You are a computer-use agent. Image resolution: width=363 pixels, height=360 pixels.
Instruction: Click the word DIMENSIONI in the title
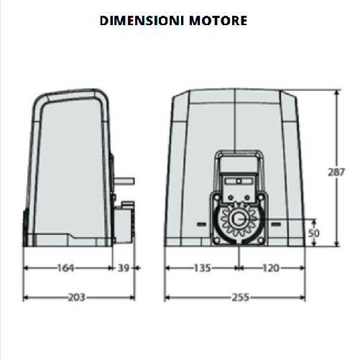click(142, 21)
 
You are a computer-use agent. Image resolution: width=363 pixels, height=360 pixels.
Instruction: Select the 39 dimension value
click(124, 268)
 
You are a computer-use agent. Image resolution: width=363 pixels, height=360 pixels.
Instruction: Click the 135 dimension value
click(202, 268)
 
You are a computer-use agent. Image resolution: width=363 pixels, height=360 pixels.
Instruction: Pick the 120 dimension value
click(270, 268)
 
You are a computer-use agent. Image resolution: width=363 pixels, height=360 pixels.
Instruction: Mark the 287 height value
click(336, 172)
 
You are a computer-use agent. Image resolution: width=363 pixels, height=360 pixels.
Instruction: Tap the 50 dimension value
click(313, 234)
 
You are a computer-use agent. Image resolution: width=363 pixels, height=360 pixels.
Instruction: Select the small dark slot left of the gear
click(201, 223)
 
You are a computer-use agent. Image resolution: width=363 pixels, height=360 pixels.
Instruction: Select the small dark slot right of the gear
click(275, 223)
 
